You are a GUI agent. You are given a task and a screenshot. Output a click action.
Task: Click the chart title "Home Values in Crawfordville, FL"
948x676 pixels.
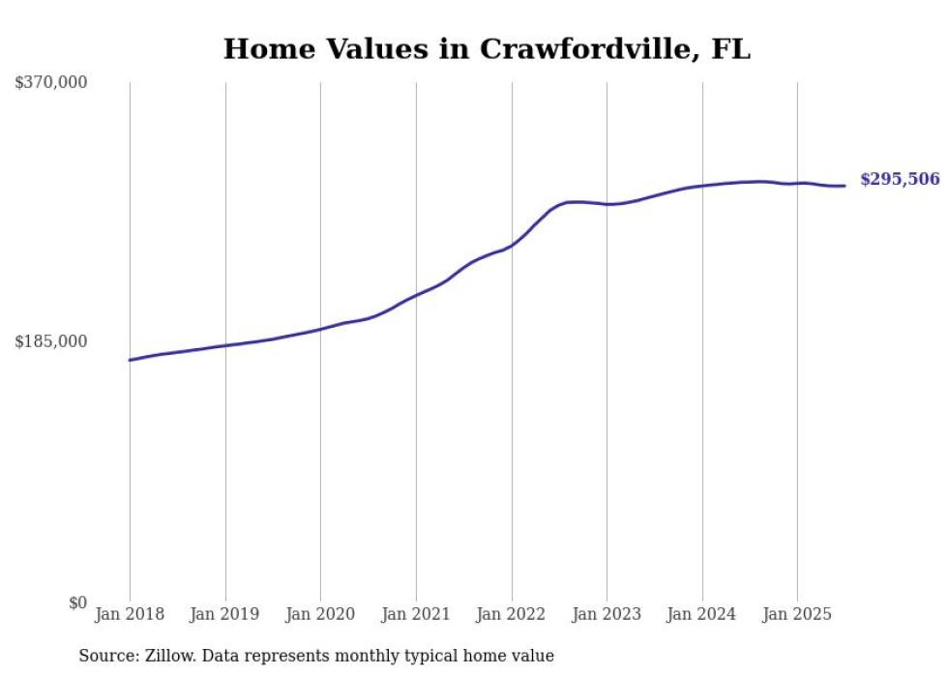(x=487, y=49)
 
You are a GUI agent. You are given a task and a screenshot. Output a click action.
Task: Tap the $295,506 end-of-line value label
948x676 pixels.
(x=899, y=179)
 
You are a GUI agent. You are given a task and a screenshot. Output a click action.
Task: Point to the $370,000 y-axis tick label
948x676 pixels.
(x=51, y=83)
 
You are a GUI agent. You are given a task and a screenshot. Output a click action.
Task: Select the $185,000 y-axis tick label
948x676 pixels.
(x=51, y=341)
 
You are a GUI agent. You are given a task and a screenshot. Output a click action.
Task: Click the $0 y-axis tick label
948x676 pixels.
(x=77, y=603)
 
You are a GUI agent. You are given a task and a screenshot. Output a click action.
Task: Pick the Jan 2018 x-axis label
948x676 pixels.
(x=130, y=614)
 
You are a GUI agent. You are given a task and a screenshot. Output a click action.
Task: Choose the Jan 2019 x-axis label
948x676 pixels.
(x=225, y=614)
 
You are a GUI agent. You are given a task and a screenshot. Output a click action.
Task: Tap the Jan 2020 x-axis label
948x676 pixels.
(x=320, y=614)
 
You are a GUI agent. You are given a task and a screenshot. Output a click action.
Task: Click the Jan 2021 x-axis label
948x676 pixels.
(x=416, y=614)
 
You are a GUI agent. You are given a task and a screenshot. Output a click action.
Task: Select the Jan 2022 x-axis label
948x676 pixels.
(x=512, y=614)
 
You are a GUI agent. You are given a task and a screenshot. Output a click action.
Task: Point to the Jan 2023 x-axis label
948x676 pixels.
(x=607, y=614)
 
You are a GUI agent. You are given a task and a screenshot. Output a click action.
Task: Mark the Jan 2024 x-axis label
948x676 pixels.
(x=702, y=614)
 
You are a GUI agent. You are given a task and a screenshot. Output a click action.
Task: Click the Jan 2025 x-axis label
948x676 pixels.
(x=797, y=614)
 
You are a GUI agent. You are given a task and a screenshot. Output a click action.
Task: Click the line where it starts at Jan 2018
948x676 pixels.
(x=131, y=360)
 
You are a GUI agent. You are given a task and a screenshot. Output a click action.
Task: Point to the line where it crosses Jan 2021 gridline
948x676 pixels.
(x=416, y=294)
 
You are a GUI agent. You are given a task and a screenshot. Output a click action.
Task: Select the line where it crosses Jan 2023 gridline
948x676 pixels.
(x=607, y=204)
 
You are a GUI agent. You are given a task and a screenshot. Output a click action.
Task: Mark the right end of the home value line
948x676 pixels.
(x=844, y=186)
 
